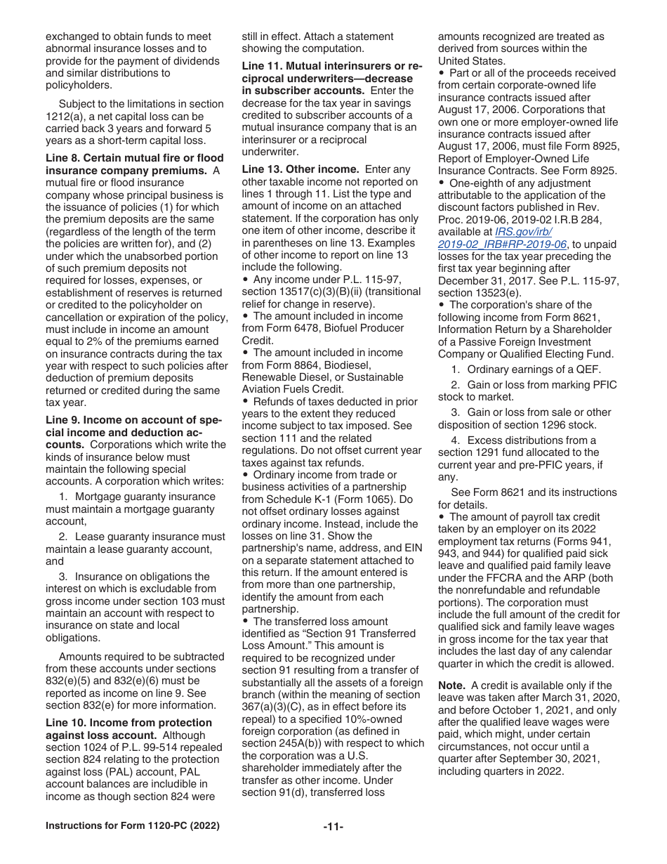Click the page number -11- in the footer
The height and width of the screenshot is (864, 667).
pos(333,827)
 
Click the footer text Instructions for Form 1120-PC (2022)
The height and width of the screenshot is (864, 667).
pos(132,826)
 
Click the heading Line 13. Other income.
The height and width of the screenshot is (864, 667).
pos(300,170)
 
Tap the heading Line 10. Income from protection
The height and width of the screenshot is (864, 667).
pos(128,723)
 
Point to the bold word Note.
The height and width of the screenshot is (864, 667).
pos(451,686)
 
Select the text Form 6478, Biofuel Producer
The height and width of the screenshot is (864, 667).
pos(322,328)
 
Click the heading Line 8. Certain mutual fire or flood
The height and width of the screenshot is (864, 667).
pos(135,158)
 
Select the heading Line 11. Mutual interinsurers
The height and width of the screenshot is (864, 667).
pos(331,66)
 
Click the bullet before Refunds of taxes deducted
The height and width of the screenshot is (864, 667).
pos(245,402)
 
